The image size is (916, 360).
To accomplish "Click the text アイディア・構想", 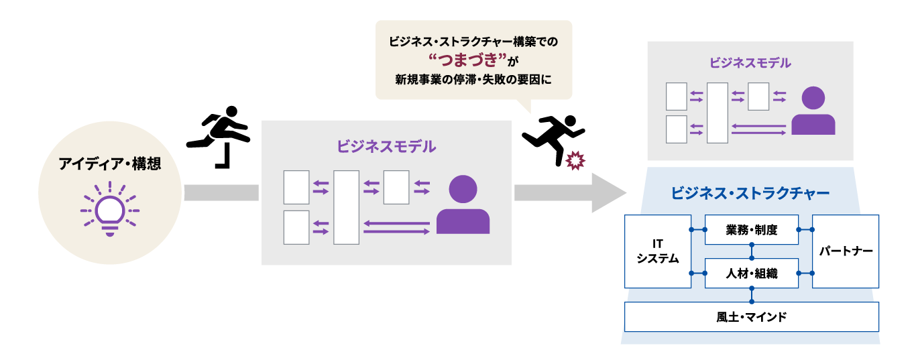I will click(x=109, y=164).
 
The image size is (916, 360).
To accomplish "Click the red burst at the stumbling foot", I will click(x=575, y=161).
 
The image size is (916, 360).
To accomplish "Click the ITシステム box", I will click(x=657, y=251).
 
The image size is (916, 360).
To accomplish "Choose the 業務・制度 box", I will click(x=751, y=230).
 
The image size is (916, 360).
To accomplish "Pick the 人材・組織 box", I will click(x=751, y=273).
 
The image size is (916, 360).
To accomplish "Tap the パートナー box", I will click(x=845, y=251).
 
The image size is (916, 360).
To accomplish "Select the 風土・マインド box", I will click(x=751, y=316).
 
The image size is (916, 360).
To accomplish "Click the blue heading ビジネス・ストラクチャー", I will click(x=750, y=194).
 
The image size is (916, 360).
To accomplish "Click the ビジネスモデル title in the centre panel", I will click(x=386, y=145).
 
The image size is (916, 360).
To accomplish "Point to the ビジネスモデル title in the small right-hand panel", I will click(x=750, y=63).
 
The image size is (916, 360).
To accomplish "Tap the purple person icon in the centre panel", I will click(x=463, y=205).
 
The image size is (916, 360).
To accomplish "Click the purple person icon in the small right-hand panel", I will click(x=813, y=111).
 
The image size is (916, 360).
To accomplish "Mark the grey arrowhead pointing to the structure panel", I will click(x=607, y=192).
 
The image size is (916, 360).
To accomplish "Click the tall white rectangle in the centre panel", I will click(x=346, y=207).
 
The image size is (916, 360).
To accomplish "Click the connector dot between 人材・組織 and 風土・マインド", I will click(x=752, y=289).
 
